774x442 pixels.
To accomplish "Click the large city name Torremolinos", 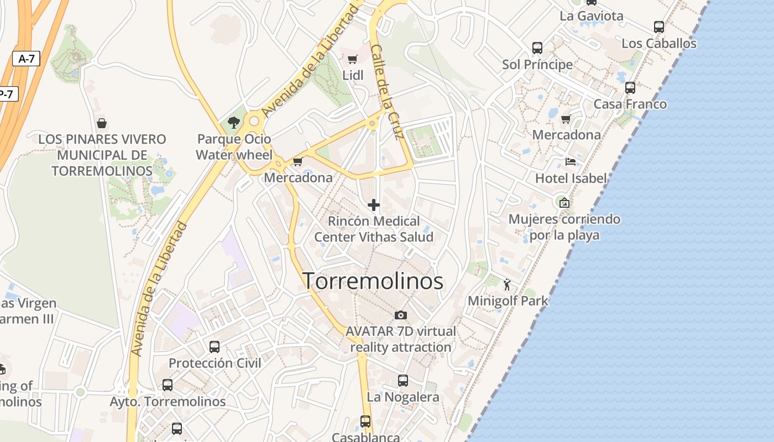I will pyautogui.click(x=373, y=281).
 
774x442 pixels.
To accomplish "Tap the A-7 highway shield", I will pyautogui.click(x=26, y=59).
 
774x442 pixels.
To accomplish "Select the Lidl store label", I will pyautogui.click(x=353, y=75).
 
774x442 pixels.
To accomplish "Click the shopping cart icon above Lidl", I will pyautogui.click(x=352, y=59).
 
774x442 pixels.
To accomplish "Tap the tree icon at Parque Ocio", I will pyautogui.click(x=234, y=123).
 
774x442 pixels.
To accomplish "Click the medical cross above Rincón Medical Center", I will pyautogui.click(x=374, y=205).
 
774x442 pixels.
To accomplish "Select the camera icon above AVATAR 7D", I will pyautogui.click(x=401, y=315).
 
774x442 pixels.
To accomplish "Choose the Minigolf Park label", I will pyautogui.click(x=508, y=301).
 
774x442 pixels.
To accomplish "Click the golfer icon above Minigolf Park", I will pyautogui.click(x=508, y=285).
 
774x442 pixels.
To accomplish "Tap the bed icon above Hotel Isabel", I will pyautogui.click(x=571, y=162).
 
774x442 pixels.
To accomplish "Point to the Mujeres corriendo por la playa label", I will pyautogui.click(x=564, y=227).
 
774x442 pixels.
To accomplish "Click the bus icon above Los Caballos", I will pyautogui.click(x=658, y=27).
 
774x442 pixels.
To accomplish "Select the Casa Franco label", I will pyautogui.click(x=630, y=104).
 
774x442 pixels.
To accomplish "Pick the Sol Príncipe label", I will pyautogui.click(x=537, y=65).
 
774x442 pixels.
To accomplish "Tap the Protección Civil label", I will pyautogui.click(x=215, y=363).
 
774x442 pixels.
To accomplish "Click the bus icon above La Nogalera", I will pyautogui.click(x=403, y=381).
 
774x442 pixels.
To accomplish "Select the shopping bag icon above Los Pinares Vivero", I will pyautogui.click(x=101, y=123).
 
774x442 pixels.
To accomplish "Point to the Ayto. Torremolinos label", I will pyautogui.click(x=168, y=402).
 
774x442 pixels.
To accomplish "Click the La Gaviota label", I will pyautogui.click(x=591, y=15).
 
